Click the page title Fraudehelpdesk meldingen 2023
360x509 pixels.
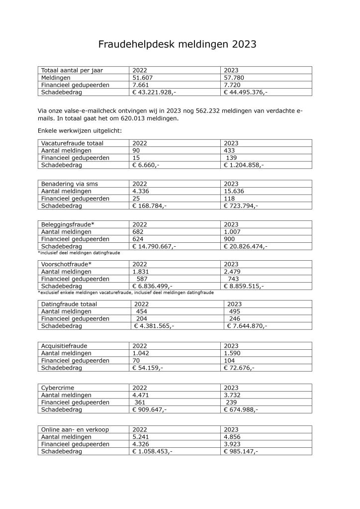pyautogui.click(x=178, y=44)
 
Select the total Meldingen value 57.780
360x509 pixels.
pyautogui.click(x=234, y=78)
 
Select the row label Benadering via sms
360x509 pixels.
pyautogui.click(x=70, y=184)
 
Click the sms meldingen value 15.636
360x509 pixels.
pyautogui.click(x=234, y=191)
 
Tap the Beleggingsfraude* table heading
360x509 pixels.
pyautogui.click(x=68, y=224)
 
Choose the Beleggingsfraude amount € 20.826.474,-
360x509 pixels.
pyautogui.click(x=246, y=246)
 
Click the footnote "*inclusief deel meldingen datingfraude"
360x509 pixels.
pyautogui.click(x=79, y=253)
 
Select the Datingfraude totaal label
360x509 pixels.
pyautogui.click(x=69, y=304)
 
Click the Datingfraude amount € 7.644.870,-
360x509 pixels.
pyautogui.click(x=247, y=326)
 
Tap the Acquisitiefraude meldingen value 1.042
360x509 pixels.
pyautogui.click(x=141, y=353)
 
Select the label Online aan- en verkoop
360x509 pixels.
pyautogui.click(x=75, y=429)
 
